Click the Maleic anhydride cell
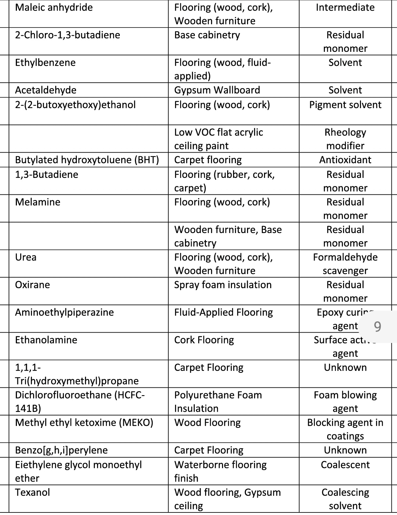[54, 8]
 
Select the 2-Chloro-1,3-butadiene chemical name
[67, 35]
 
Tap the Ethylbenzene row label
[45, 63]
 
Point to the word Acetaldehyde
[46, 90]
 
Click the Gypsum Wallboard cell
[217, 90]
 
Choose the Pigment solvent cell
[345, 105]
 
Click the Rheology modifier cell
[345, 139]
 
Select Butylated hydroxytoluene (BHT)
[87, 160]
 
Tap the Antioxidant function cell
[345, 160]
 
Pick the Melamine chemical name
[37, 202]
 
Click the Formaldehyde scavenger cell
[345, 264]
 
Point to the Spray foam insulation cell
[223, 285]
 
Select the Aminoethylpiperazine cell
[64, 312]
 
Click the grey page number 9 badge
[377, 326]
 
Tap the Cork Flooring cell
[204, 340]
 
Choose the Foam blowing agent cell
[345, 402]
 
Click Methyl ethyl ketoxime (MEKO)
[84, 423]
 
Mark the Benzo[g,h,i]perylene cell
[61, 450]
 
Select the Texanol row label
[32, 493]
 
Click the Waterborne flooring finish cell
[220, 472]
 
